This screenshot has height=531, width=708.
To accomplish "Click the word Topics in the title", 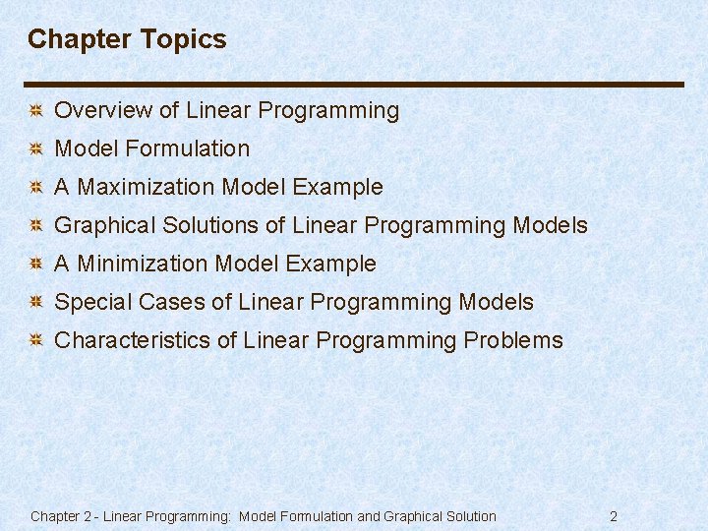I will click(x=184, y=39).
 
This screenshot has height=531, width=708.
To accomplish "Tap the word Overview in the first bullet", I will click(x=96, y=111).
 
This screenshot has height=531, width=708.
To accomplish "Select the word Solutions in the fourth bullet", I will click(x=213, y=225).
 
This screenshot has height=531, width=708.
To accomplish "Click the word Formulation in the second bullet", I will click(x=188, y=148).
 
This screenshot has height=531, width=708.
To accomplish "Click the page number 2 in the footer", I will click(x=614, y=516).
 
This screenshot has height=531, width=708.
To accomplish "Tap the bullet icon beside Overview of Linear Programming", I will click(x=34, y=111).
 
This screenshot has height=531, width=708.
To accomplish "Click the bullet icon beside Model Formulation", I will click(x=34, y=149).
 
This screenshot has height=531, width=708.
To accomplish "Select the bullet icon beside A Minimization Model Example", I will click(x=34, y=265).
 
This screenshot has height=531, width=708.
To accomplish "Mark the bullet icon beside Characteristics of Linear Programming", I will click(x=34, y=341).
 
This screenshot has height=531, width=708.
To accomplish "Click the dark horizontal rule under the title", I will click(x=354, y=85).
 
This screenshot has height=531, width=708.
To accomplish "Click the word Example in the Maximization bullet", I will click(x=343, y=187).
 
